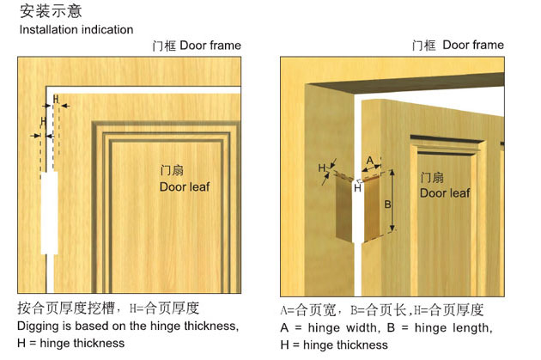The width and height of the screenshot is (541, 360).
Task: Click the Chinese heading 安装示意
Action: tap(51, 10)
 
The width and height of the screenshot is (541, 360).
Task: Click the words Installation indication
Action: tap(76, 30)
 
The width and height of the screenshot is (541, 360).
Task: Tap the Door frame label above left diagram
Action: tap(197, 46)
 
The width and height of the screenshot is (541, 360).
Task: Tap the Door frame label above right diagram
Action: tap(458, 45)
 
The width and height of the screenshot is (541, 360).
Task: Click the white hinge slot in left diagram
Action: tap(49, 212)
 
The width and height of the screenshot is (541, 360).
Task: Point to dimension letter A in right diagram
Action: tap(369, 161)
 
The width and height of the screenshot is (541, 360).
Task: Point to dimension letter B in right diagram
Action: tap(387, 204)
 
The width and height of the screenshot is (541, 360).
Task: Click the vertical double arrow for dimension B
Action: tap(392, 200)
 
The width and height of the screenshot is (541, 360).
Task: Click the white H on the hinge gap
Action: tap(357, 188)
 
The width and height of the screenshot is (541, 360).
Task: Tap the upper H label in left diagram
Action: tap(56, 100)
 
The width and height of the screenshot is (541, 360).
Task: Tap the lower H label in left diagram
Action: tap(43, 121)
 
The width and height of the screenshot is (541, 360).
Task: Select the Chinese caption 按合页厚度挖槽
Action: tap(65, 308)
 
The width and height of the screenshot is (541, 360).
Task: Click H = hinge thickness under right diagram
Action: tap(334, 345)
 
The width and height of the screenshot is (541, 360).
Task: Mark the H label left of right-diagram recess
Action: tap(321, 168)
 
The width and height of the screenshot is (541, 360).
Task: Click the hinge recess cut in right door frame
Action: tap(344, 208)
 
